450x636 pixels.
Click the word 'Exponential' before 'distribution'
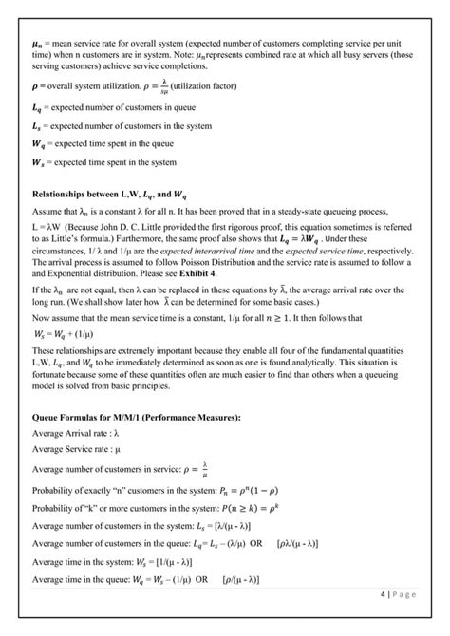[54, 272]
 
